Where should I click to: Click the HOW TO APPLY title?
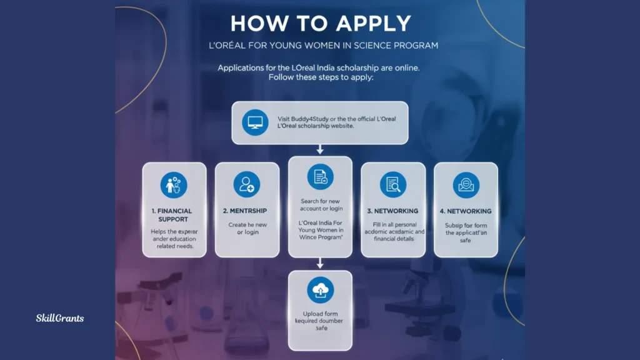click(320, 23)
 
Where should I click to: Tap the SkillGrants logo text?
click(59, 318)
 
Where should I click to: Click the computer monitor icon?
click(254, 122)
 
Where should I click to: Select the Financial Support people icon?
click(174, 185)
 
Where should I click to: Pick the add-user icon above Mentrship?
click(246, 185)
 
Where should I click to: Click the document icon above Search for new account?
click(320, 177)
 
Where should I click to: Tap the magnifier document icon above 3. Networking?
click(392, 185)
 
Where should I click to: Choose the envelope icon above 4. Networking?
click(466, 185)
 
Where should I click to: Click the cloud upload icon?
click(320, 290)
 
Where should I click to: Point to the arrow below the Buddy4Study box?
click(320, 149)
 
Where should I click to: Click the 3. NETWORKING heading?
click(392, 211)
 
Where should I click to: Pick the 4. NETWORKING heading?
click(466, 211)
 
